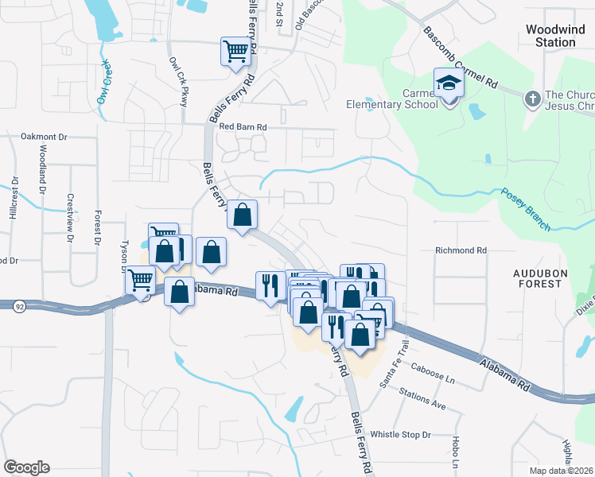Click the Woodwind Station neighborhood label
coord(550,36)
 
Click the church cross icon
coord(532,99)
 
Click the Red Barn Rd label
coord(243,126)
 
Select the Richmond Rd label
coord(461,250)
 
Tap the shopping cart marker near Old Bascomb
coord(236,53)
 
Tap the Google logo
coord(26,467)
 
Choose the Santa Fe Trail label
coord(395,364)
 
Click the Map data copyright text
coord(562,471)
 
